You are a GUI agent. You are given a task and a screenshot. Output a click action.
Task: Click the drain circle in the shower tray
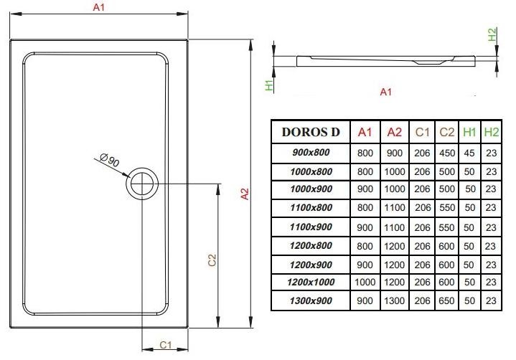pos(141,184)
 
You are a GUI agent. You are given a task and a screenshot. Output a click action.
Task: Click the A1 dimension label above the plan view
pos(99,8)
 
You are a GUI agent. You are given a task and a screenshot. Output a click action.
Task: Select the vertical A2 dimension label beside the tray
pos(244,194)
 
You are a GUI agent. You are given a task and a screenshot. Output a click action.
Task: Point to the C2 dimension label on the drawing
pos(212,260)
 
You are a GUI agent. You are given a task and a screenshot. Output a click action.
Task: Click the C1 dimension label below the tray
pos(164,345)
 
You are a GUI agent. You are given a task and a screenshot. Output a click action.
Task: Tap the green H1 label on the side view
pos(268,85)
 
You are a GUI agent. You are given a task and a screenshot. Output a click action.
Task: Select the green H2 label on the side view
pos(492,34)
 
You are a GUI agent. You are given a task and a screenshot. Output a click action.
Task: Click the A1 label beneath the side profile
pos(385,92)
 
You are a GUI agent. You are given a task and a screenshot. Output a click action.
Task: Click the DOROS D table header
pos(311,132)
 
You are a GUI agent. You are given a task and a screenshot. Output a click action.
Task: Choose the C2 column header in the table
pos(446,132)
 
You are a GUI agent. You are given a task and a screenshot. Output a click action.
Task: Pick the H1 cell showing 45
pos(470,152)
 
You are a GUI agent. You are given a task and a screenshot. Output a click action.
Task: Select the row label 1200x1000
pos(311,282)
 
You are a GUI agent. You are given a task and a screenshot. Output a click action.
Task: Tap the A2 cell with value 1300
pos(394,300)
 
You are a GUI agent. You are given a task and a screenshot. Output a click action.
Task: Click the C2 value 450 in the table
pos(446,152)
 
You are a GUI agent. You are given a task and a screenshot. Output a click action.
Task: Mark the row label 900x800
pos(311,152)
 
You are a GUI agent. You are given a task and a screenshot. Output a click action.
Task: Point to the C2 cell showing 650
pos(446,300)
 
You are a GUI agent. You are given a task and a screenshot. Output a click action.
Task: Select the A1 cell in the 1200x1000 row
pos(365,282)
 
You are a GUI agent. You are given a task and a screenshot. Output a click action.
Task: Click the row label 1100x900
pos(311,226)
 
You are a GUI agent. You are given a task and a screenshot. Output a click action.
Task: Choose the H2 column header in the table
pos(491,132)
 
